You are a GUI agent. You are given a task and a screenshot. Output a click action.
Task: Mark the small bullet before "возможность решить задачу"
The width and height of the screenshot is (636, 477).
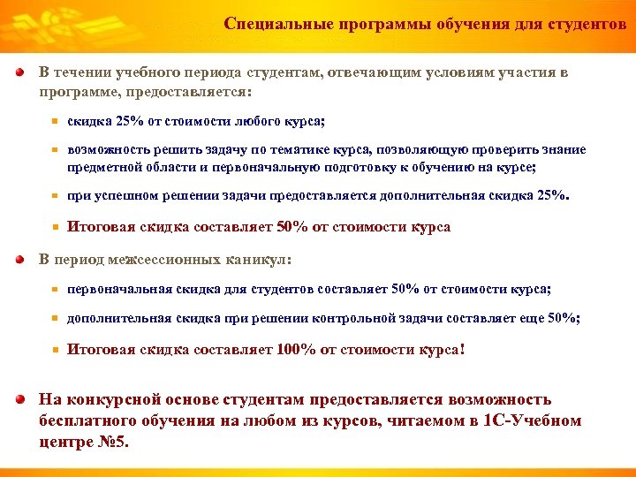pos(54,151)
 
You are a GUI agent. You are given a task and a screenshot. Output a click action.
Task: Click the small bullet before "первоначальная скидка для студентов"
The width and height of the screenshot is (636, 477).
pos(54,290)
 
